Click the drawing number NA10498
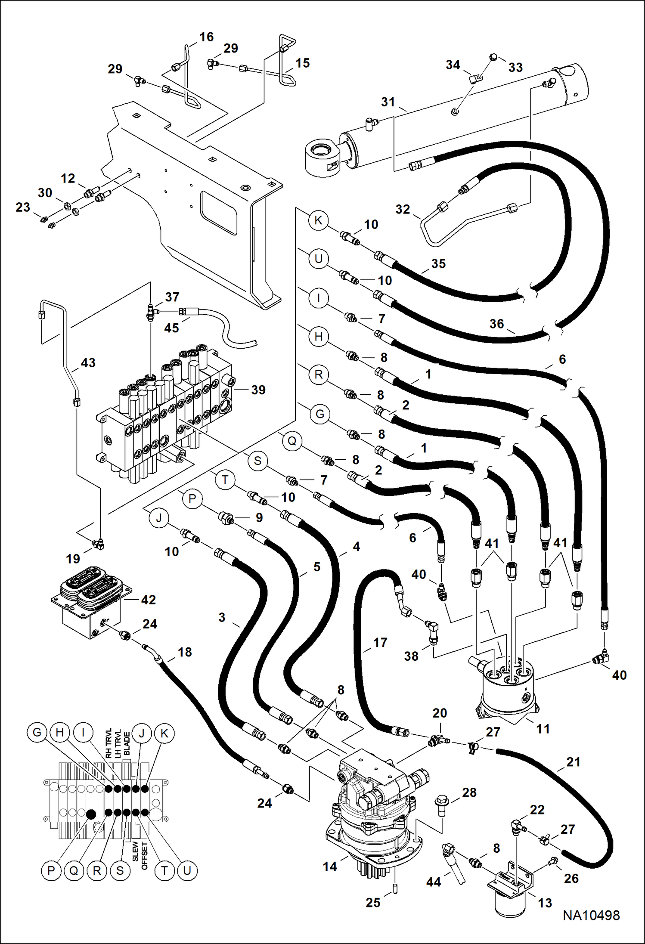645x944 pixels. coord(591,915)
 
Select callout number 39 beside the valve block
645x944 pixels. coord(258,390)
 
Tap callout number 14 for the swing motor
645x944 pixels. coord(330,866)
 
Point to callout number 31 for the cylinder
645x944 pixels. coord(388,102)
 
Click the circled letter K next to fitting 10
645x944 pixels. coord(319,220)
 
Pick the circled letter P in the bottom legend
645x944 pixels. coord(51,870)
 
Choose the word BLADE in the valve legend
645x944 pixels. coord(127,743)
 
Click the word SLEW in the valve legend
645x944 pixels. coord(136,851)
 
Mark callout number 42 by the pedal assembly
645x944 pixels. coord(148,600)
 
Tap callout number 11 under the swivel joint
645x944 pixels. coord(543,729)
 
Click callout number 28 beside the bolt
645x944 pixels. coord(469,792)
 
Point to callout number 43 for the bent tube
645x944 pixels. coord(88,363)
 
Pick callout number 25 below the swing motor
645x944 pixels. coord(373,902)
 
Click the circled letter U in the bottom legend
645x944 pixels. coord(187,870)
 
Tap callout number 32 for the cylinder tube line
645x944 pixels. coord(403,209)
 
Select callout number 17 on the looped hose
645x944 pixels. coord(380,643)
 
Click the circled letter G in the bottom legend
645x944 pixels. coord(37,733)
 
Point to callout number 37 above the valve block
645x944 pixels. coord(172,297)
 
